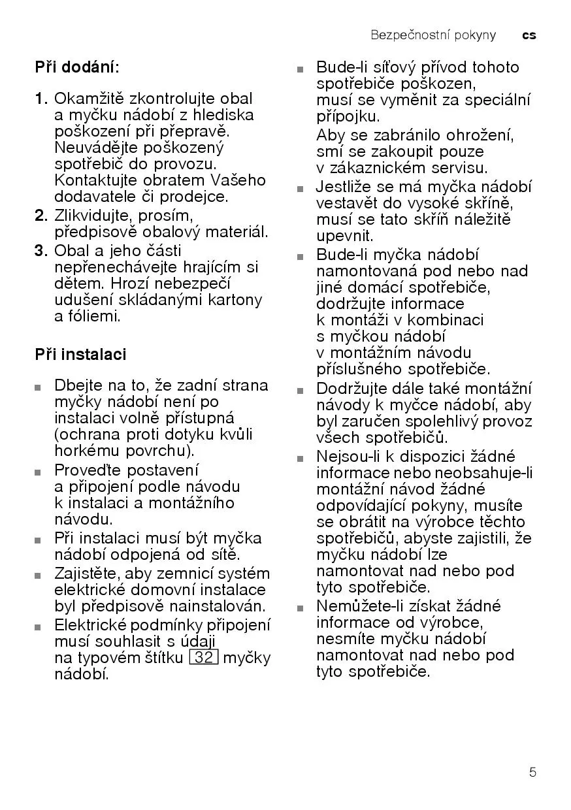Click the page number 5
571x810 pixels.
click(532, 773)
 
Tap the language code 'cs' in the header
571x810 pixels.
click(529, 35)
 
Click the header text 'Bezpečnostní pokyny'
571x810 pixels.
click(433, 35)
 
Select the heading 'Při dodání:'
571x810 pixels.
click(77, 67)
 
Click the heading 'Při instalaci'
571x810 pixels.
click(80, 355)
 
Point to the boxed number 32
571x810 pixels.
click(204, 657)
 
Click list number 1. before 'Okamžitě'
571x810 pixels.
click(41, 99)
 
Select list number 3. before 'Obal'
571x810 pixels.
click(41, 251)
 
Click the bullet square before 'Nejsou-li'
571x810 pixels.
click(300, 459)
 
